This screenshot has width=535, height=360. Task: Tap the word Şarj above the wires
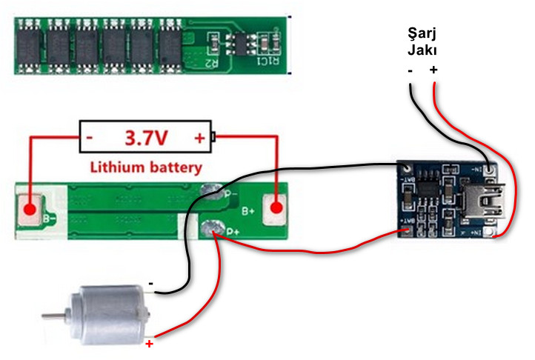422,34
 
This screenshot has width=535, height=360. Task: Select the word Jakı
422,51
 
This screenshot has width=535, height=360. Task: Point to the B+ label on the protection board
247,211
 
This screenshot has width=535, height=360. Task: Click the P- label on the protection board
230,195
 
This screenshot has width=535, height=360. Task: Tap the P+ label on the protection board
231,232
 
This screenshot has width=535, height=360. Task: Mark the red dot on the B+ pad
278,210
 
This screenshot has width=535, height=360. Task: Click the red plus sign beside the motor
149,344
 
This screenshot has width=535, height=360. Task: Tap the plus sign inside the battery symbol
199,138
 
